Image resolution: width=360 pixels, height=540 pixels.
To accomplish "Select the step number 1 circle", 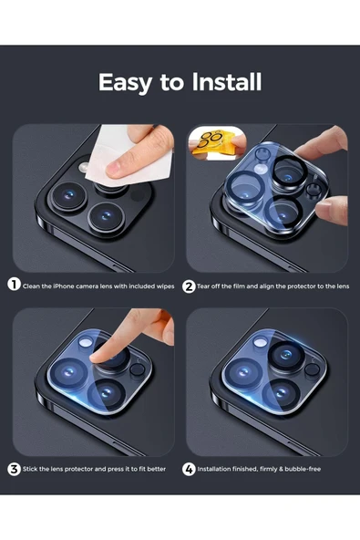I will pyautogui.click(x=14, y=285).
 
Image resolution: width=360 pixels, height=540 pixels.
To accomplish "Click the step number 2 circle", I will pyautogui.click(x=189, y=286).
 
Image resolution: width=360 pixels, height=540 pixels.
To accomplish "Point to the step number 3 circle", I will pyautogui.click(x=14, y=469).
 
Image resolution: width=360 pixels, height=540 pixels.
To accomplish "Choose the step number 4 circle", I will pyautogui.click(x=189, y=469).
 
